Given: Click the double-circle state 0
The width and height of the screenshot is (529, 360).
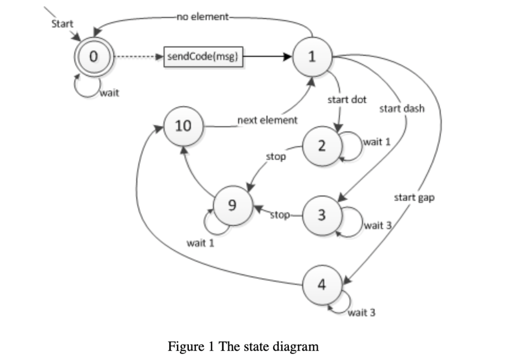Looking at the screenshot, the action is (94, 57).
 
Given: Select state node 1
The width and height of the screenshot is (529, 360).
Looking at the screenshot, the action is (312, 57).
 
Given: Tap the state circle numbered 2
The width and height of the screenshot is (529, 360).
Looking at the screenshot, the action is (322, 146).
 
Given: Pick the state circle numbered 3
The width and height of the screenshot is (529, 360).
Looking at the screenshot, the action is (322, 216).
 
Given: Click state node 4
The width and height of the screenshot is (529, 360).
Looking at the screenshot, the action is (322, 285).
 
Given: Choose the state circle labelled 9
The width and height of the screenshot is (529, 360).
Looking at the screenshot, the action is (233, 205).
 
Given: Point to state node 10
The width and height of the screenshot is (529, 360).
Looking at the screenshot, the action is (184, 126).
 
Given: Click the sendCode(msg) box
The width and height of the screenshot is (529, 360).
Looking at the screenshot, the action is (203, 57).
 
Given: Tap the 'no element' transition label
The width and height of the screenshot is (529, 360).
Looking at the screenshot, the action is (203, 17).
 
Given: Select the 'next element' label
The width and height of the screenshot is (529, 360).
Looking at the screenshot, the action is (267, 120).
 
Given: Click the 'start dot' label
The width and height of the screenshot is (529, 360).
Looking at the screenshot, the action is (347, 100).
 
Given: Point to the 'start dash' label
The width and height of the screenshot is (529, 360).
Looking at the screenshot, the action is (402, 108).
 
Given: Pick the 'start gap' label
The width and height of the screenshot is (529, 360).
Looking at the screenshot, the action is (414, 198).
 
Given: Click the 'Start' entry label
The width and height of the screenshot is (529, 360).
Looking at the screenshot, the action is (62, 24).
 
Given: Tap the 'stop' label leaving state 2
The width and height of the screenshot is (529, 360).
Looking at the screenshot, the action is (276, 157).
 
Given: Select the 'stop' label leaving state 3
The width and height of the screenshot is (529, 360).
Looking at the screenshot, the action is (280, 215).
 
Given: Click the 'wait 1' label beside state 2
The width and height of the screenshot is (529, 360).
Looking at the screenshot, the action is (377, 142).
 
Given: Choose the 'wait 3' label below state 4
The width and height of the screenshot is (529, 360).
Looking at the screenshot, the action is (362, 313).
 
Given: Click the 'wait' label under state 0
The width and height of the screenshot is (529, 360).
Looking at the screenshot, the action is (110, 93).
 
